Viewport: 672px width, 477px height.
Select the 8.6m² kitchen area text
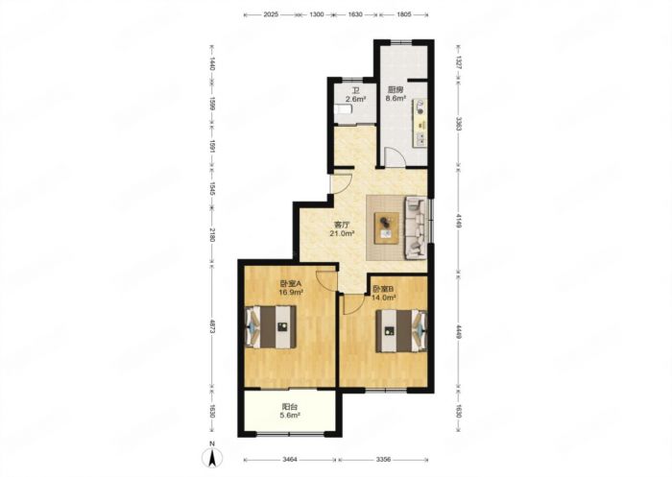(396, 98)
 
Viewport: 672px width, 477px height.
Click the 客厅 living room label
(341, 225)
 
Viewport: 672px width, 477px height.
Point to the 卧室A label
(291, 284)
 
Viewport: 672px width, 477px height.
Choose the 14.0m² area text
(384, 297)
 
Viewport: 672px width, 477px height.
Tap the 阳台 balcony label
(290, 406)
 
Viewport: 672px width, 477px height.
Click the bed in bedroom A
(271, 327)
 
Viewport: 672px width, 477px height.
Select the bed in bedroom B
(401, 331)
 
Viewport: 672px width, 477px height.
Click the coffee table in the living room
(387, 228)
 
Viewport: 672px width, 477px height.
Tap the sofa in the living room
(416, 228)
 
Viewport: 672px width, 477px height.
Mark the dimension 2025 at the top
(271, 14)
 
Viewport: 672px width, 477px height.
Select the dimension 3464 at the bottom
(290, 460)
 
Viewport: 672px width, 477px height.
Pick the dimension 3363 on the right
(459, 125)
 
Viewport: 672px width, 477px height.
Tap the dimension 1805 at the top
(404, 14)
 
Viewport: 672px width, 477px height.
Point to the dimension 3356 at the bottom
(384, 460)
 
